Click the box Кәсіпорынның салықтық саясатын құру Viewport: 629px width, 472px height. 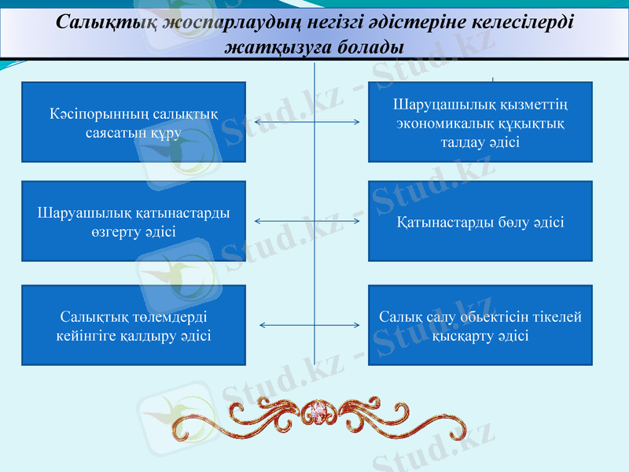(134, 122)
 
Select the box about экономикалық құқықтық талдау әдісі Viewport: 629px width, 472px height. (480, 122)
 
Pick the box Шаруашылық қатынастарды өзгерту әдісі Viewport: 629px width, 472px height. (134, 221)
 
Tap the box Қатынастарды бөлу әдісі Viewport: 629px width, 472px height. (480, 221)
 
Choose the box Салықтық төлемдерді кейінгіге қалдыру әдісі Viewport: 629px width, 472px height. (134, 325)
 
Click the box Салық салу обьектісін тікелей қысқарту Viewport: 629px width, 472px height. (480, 325)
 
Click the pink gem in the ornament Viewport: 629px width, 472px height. (318, 411)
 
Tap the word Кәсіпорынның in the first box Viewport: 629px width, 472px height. (88, 114)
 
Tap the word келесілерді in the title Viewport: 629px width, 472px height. (520, 21)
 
